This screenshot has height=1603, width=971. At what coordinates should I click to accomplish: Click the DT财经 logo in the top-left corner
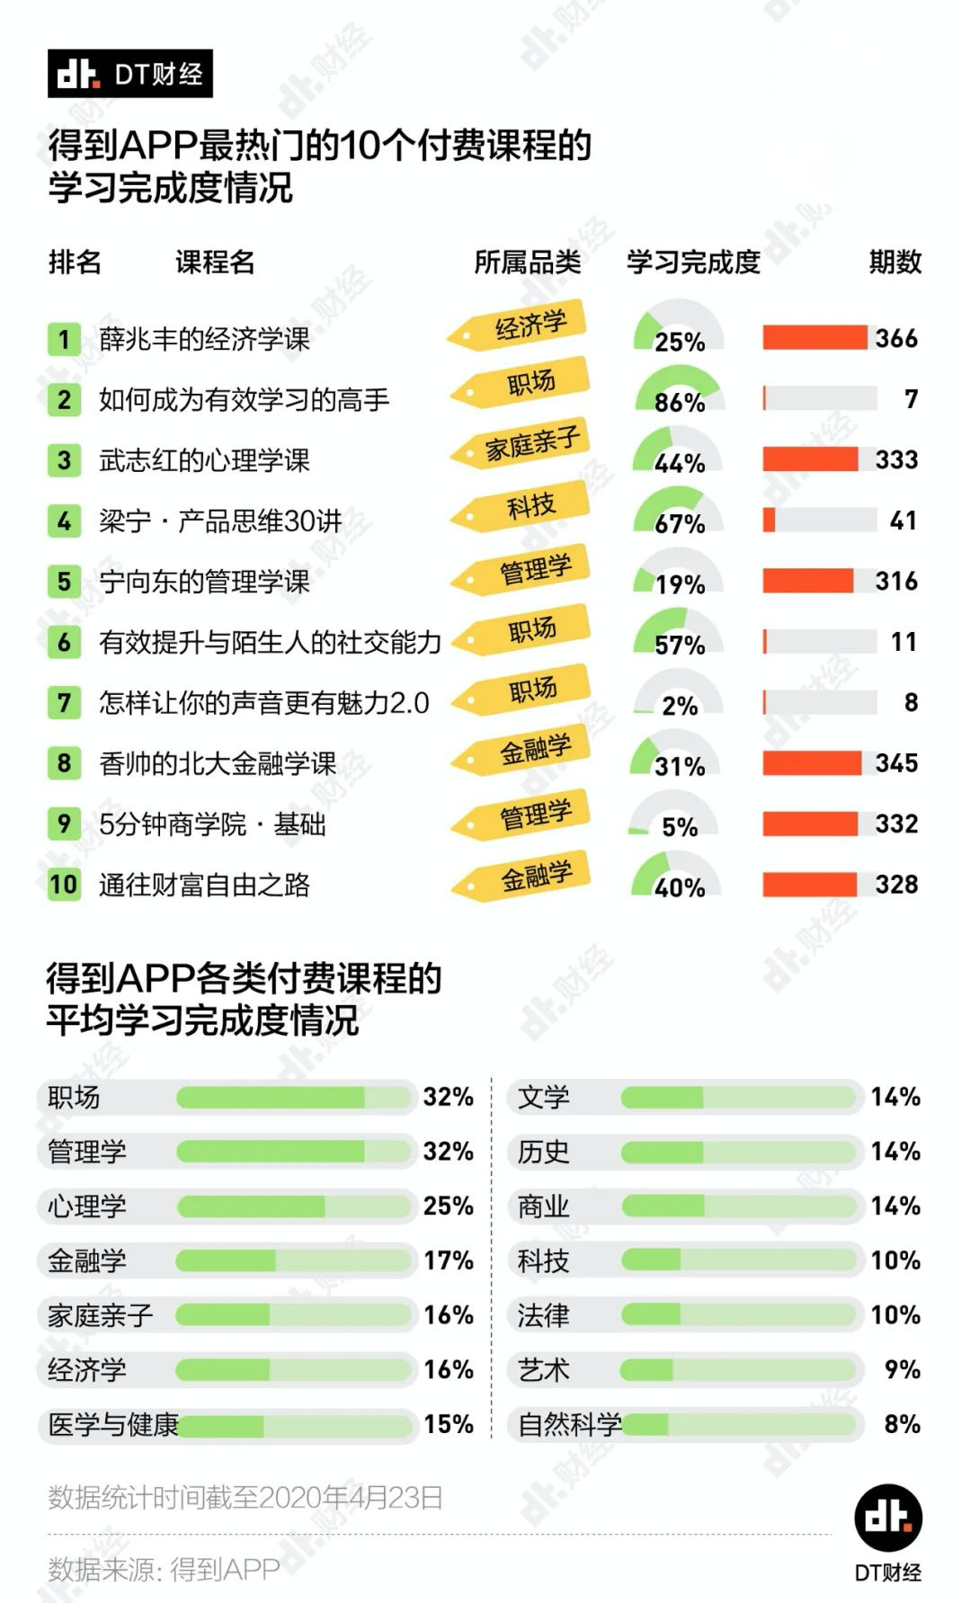click(129, 74)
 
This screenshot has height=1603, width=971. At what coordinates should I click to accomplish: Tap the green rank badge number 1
click(64, 339)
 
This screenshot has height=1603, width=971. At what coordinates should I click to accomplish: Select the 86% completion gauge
click(679, 392)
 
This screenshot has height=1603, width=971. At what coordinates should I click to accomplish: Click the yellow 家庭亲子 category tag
click(522, 443)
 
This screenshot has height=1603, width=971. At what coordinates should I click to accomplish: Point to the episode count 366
click(896, 339)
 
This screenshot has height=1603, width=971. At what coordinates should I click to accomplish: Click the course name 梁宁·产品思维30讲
click(220, 521)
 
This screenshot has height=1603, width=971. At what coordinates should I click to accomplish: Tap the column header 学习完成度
click(693, 262)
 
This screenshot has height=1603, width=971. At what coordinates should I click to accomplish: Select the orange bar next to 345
click(811, 763)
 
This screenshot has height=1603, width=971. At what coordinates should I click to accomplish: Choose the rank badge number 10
click(64, 885)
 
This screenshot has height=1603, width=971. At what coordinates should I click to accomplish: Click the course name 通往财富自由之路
click(204, 885)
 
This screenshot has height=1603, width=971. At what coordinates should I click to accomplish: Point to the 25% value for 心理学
click(448, 1206)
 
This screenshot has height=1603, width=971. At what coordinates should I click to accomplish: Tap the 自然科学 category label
click(569, 1425)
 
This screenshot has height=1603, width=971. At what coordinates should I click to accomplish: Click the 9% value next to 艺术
click(901, 1370)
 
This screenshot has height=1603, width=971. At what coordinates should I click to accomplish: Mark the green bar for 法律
click(737, 1315)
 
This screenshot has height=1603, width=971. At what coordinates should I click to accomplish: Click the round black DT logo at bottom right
click(887, 1518)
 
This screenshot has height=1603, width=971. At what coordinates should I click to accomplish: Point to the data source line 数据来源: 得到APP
click(164, 1570)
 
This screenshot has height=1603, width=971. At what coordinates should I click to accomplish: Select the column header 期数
click(895, 262)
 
